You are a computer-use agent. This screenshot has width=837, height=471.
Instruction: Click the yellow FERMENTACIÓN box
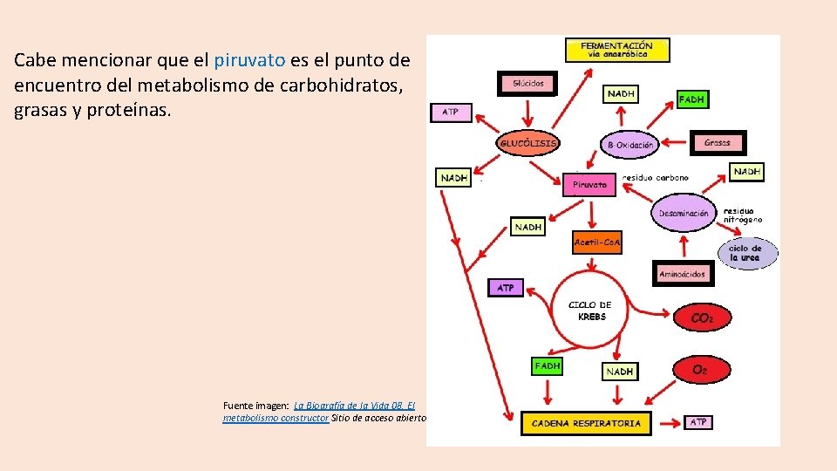click(x=617, y=49)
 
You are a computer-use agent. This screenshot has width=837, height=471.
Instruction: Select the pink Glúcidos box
click(x=527, y=84)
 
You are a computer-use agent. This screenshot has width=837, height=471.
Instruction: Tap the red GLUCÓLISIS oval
click(x=528, y=142)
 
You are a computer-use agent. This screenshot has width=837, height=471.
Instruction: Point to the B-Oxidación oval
click(x=629, y=144)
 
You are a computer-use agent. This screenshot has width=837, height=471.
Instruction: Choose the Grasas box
click(x=718, y=141)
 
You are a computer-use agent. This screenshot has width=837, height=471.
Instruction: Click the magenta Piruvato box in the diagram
click(x=590, y=184)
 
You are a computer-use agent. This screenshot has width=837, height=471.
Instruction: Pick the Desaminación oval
click(x=683, y=214)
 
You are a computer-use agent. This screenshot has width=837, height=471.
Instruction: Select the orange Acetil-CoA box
click(x=597, y=242)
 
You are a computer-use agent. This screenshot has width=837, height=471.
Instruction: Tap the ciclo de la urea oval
click(x=745, y=253)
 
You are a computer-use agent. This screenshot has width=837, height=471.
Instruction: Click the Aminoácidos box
click(x=682, y=274)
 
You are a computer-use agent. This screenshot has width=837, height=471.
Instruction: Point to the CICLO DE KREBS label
click(x=590, y=311)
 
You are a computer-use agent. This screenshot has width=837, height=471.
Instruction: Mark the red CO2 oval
click(x=702, y=319)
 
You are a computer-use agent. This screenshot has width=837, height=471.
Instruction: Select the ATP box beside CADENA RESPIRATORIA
click(x=698, y=422)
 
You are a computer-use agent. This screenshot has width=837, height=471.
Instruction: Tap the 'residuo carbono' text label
click(x=655, y=177)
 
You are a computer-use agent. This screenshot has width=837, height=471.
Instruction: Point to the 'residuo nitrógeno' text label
click(x=743, y=215)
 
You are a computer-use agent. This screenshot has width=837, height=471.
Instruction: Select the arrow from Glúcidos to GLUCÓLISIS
click(x=527, y=112)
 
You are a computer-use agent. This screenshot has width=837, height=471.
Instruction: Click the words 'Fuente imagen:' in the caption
click(x=256, y=406)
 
